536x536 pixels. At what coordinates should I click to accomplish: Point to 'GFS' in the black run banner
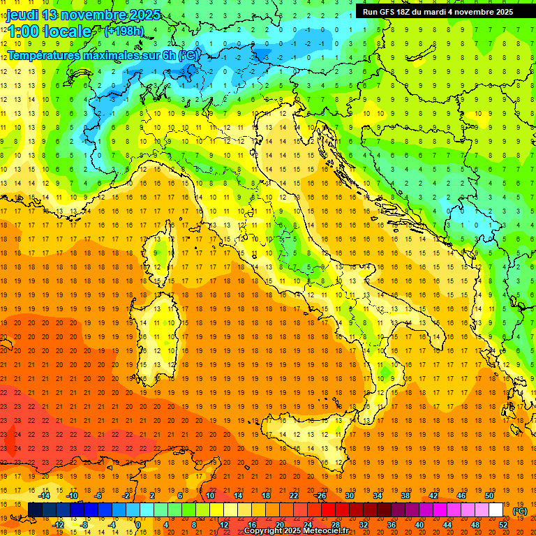coord(392,12)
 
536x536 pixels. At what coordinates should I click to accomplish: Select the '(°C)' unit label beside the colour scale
coord(519,511)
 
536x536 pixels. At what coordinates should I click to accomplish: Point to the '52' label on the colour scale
coord(502,525)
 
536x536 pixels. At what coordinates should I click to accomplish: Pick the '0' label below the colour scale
coord(138,525)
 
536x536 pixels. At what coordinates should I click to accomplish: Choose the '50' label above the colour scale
coord(489,496)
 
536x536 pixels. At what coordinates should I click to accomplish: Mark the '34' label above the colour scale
coord(377,496)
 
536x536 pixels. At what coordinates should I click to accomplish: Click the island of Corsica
coord(162,255)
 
